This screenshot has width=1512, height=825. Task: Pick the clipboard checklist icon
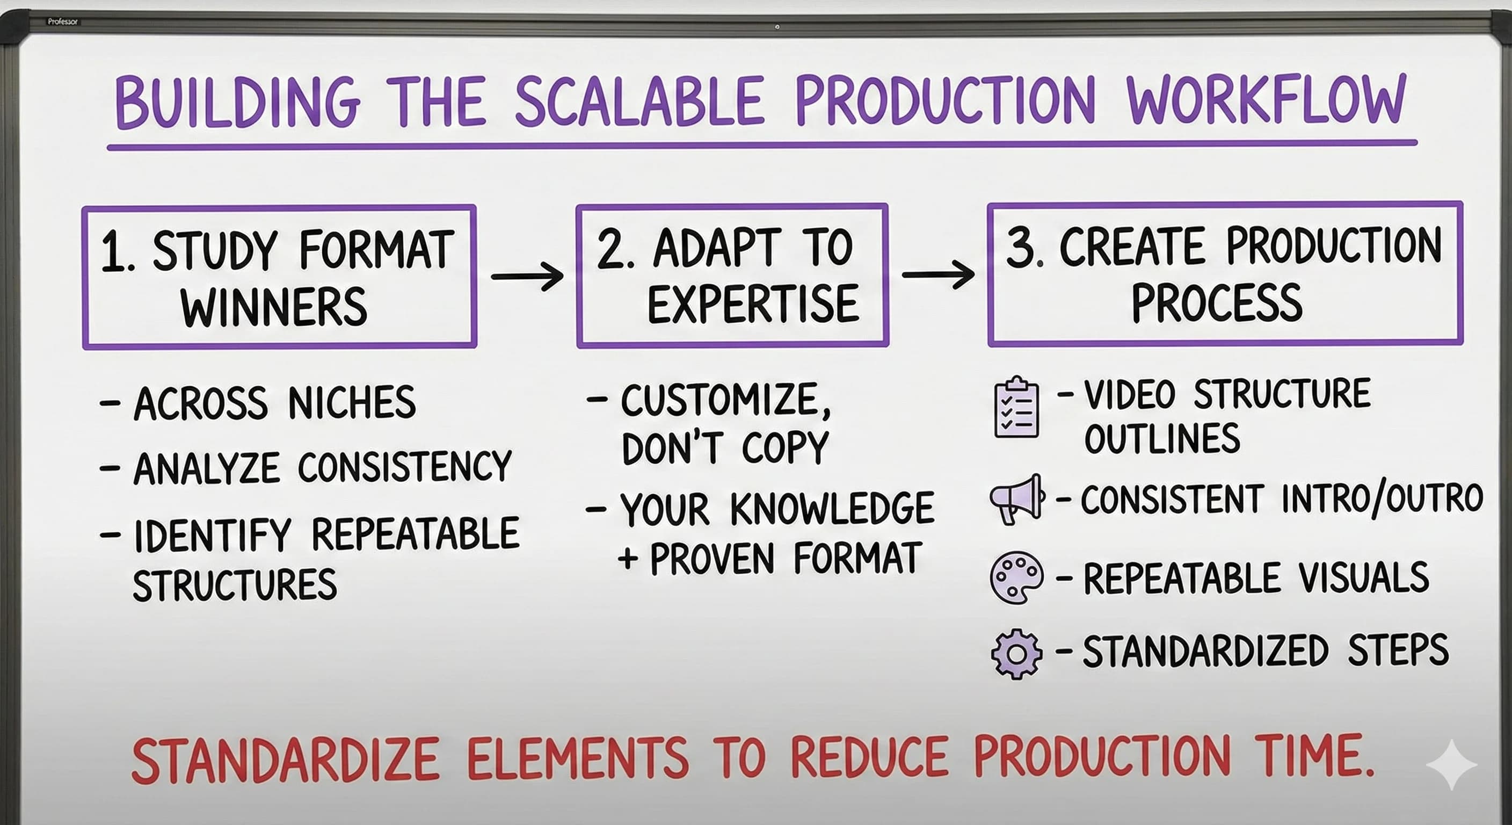pos(1016,407)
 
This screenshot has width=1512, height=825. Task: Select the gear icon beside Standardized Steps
pos(1016,654)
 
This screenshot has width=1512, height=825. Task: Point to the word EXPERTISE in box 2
pos(753,304)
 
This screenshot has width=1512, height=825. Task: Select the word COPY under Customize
pos(785,447)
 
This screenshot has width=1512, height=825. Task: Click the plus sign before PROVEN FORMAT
pos(628,559)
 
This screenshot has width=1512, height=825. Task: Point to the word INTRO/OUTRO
pos(1382,499)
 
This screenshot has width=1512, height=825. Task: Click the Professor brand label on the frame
pos(62,21)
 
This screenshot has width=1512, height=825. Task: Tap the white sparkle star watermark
pos(1451,764)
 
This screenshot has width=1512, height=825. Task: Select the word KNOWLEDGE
pos(832,508)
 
